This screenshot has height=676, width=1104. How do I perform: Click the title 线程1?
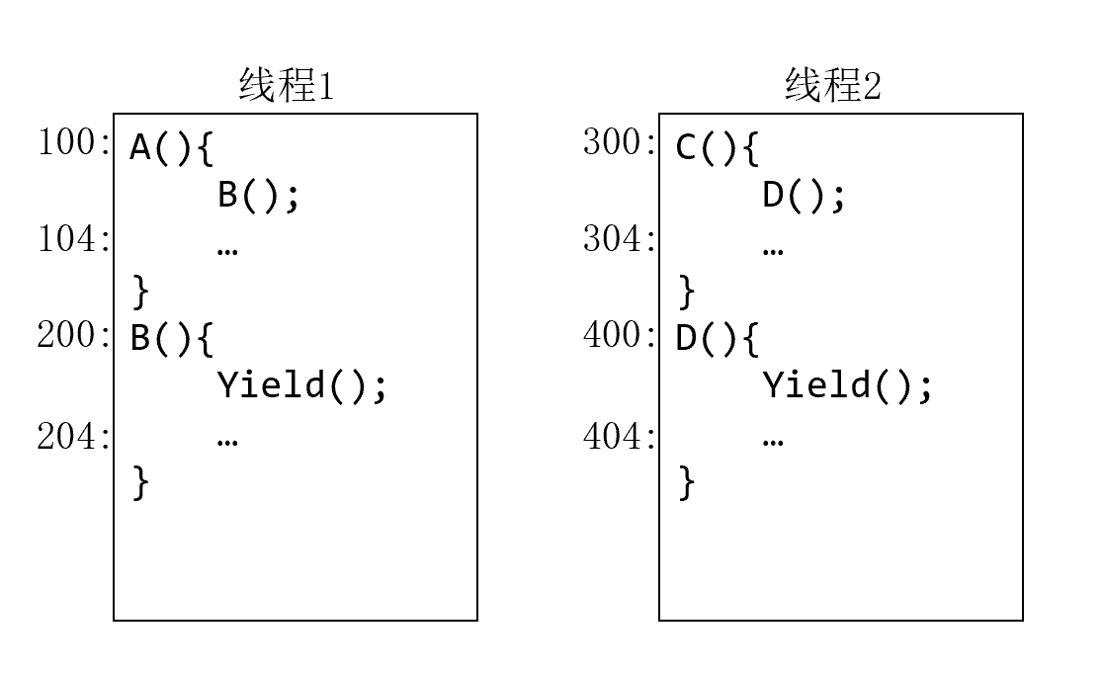287,87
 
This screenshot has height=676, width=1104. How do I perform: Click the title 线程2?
832,87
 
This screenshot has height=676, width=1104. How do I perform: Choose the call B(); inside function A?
258,196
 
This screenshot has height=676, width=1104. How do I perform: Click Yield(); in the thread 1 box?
302,385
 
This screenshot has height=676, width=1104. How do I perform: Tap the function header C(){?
718,148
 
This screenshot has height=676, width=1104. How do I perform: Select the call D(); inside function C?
805,196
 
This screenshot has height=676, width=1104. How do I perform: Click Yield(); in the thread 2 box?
848,385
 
